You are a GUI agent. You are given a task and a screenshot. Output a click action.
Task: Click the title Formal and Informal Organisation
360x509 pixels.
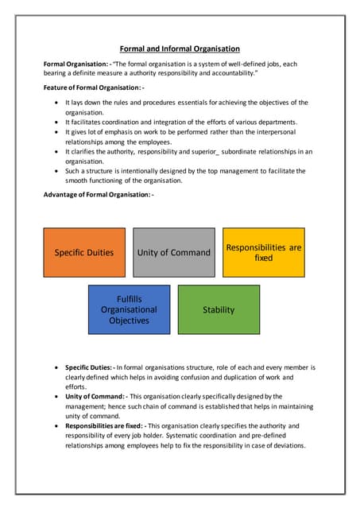180,49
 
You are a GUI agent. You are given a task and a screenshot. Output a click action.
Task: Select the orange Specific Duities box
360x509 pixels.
83,252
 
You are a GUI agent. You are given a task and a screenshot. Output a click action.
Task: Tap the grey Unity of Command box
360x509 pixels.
173,252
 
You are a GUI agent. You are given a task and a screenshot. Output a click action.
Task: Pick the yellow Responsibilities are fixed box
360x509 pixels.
263,252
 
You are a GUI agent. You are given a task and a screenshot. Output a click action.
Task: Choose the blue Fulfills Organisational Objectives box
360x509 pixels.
129,309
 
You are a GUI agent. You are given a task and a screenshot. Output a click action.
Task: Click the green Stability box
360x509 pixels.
219,309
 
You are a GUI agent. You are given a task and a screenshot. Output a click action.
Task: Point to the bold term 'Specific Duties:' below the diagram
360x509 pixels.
90,367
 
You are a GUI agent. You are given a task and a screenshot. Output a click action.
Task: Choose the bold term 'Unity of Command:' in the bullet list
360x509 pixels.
95,396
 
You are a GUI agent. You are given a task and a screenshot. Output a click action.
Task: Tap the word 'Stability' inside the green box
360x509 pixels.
219,309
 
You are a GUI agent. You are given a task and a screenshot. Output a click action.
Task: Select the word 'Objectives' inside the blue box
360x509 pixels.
129,321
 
